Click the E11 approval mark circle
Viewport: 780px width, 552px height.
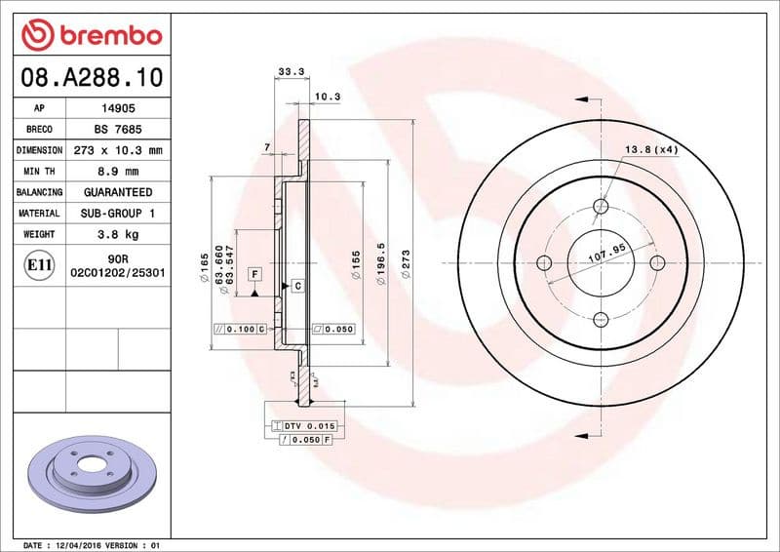point(40,264)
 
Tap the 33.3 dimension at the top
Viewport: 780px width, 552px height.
point(287,71)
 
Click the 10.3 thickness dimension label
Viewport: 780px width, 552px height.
point(328,97)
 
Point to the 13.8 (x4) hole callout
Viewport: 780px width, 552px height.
point(650,149)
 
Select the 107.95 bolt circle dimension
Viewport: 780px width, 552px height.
point(605,254)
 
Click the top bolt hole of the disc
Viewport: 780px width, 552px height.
point(601,207)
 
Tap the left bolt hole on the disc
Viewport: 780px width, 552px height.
point(545,262)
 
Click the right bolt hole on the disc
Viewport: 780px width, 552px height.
point(656,262)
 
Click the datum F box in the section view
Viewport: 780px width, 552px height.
point(253,274)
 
